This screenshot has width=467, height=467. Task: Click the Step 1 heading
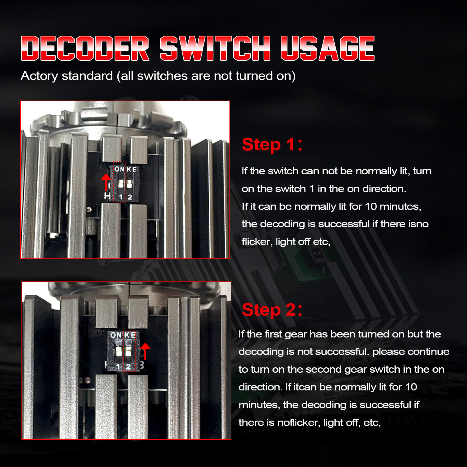[272, 145]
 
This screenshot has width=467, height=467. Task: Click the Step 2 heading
[272, 310]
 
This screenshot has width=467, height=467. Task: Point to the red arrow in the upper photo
[106, 182]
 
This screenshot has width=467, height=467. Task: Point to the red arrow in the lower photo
[145, 351]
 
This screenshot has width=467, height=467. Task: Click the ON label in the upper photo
[120, 169]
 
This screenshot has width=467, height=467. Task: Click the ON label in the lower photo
[116, 335]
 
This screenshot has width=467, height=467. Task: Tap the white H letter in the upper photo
[107, 196]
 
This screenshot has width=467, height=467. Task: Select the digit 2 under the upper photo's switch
[130, 197]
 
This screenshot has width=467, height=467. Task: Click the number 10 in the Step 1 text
[371, 206]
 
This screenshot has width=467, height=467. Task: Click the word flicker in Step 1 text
[256, 242]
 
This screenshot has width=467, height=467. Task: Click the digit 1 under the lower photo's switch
[118, 367]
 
